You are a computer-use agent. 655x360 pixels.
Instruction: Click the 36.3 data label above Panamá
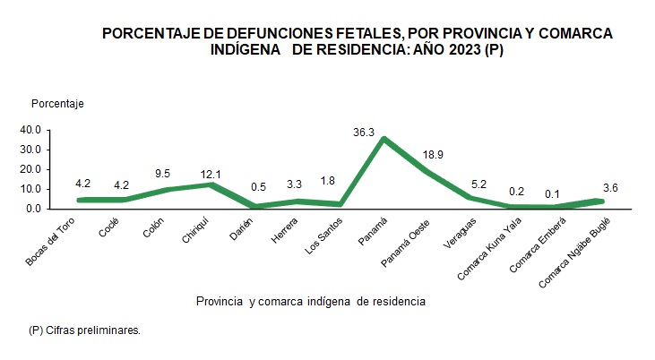(x=365, y=133)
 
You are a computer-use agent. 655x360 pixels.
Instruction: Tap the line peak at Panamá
(x=384, y=139)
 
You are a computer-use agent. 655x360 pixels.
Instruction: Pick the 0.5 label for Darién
(x=256, y=189)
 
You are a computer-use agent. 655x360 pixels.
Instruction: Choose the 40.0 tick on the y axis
(x=32, y=130)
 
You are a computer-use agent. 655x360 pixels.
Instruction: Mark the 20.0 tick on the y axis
(x=32, y=169)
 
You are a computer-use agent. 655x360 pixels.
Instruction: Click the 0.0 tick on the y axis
(x=35, y=209)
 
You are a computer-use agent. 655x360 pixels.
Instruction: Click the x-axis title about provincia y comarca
(x=310, y=302)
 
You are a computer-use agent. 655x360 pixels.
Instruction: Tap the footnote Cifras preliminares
(x=84, y=330)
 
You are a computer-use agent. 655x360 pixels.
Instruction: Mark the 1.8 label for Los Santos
(x=330, y=180)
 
